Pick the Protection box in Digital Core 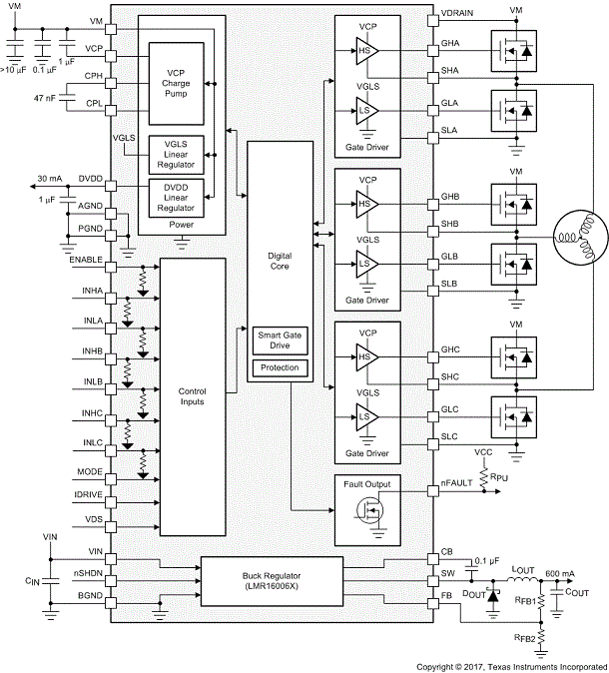pos(279,368)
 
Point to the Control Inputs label pos(192,395)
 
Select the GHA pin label pos(449,46)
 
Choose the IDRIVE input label pos(89,494)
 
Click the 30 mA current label pos(50,178)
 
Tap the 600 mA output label pos(559,573)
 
